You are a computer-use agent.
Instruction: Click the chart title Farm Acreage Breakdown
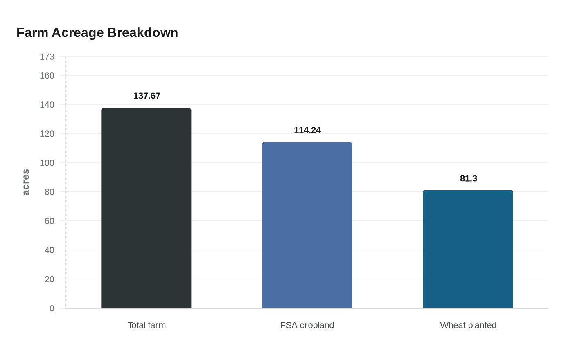[x=97, y=33]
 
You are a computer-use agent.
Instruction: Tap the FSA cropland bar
[x=307, y=225]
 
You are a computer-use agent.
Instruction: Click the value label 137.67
[x=147, y=96]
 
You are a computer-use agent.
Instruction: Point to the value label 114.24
[x=307, y=130]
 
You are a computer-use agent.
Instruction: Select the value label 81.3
[x=468, y=179]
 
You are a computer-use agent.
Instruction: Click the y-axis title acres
[x=26, y=182]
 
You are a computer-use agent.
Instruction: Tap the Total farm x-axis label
[x=147, y=325]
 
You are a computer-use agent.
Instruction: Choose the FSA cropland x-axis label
[x=307, y=325]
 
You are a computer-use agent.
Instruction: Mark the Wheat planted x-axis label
[x=468, y=325]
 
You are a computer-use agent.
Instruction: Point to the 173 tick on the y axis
[x=47, y=57]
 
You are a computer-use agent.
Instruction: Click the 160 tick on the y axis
[x=47, y=76]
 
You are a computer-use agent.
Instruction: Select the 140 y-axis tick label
[x=47, y=105]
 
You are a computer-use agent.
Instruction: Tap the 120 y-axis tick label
[x=47, y=134]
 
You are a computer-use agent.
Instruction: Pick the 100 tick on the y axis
[x=47, y=163]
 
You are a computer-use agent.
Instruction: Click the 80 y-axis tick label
[x=49, y=192]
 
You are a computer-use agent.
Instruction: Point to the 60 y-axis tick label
[x=49, y=221]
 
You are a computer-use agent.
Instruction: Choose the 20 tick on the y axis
[x=49, y=279]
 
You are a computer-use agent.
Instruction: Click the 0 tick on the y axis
[x=52, y=308]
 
